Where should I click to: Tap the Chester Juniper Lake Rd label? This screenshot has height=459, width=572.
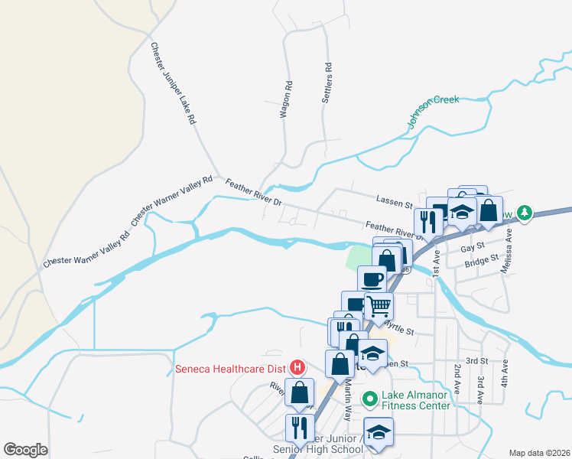pos(173,83)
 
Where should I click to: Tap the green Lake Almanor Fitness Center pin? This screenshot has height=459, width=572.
pos(371,399)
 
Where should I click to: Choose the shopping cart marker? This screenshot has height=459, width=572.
pos(379,307)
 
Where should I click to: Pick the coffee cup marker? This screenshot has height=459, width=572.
pos(372,279)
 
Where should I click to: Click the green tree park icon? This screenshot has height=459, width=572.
pos(524,213)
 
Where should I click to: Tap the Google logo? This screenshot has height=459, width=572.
pos(25,450)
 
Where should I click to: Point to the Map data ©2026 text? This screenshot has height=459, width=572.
pos(538,453)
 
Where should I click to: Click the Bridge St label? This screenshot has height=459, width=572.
pos(482,262)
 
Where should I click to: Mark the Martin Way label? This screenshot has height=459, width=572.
pos(346,404)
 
